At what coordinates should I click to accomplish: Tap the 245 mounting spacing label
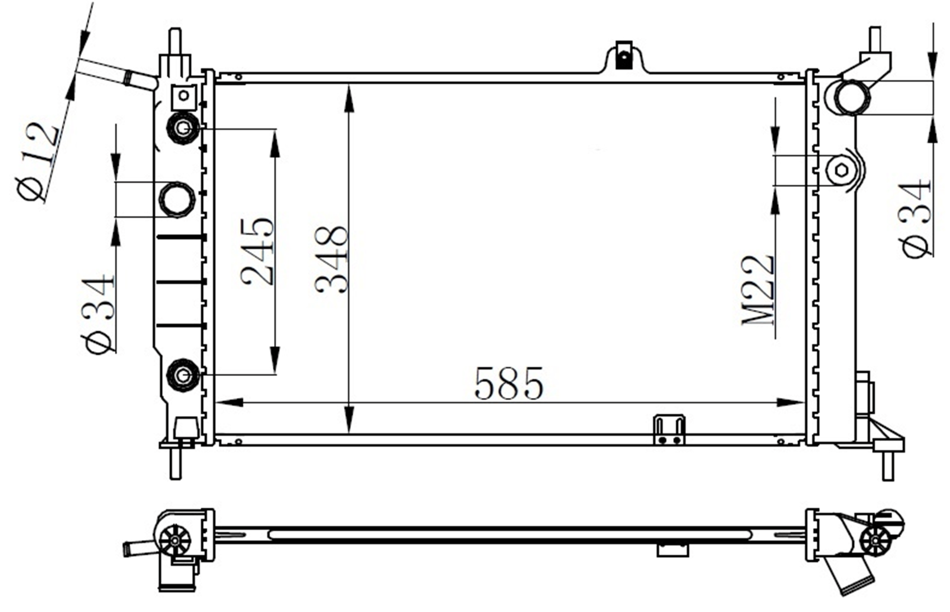click(257, 252)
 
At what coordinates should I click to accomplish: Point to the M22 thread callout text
click(757, 291)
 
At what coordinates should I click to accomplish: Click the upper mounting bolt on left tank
click(183, 128)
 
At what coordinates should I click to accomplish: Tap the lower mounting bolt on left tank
click(183, 375)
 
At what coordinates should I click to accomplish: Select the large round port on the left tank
click(177, 199)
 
